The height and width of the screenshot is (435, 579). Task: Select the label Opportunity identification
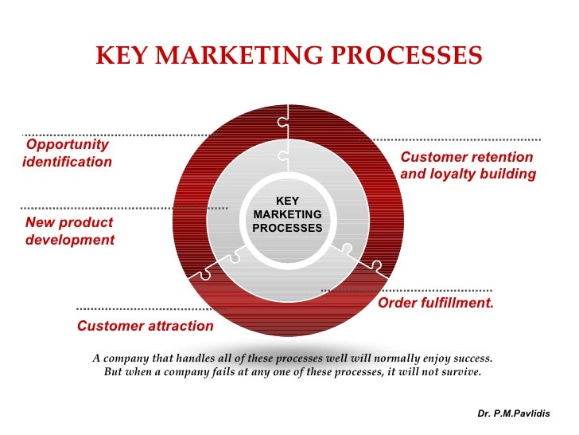tap(68, 153)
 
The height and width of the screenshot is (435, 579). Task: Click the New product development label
tap(70, 231)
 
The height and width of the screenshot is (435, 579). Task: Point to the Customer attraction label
tap(145, 326)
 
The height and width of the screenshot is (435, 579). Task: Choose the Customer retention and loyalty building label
tap(468, 166)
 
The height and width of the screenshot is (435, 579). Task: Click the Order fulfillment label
tap(436, 304)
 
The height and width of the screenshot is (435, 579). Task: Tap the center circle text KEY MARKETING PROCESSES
tap(287, 215)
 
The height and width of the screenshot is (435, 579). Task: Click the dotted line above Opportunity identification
tap(119, 135)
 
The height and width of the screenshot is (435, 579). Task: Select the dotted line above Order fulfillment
tap(406, 290)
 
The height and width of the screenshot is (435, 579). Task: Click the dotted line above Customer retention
tap(453, 139)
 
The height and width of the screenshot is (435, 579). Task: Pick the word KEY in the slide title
tap(122, 56)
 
